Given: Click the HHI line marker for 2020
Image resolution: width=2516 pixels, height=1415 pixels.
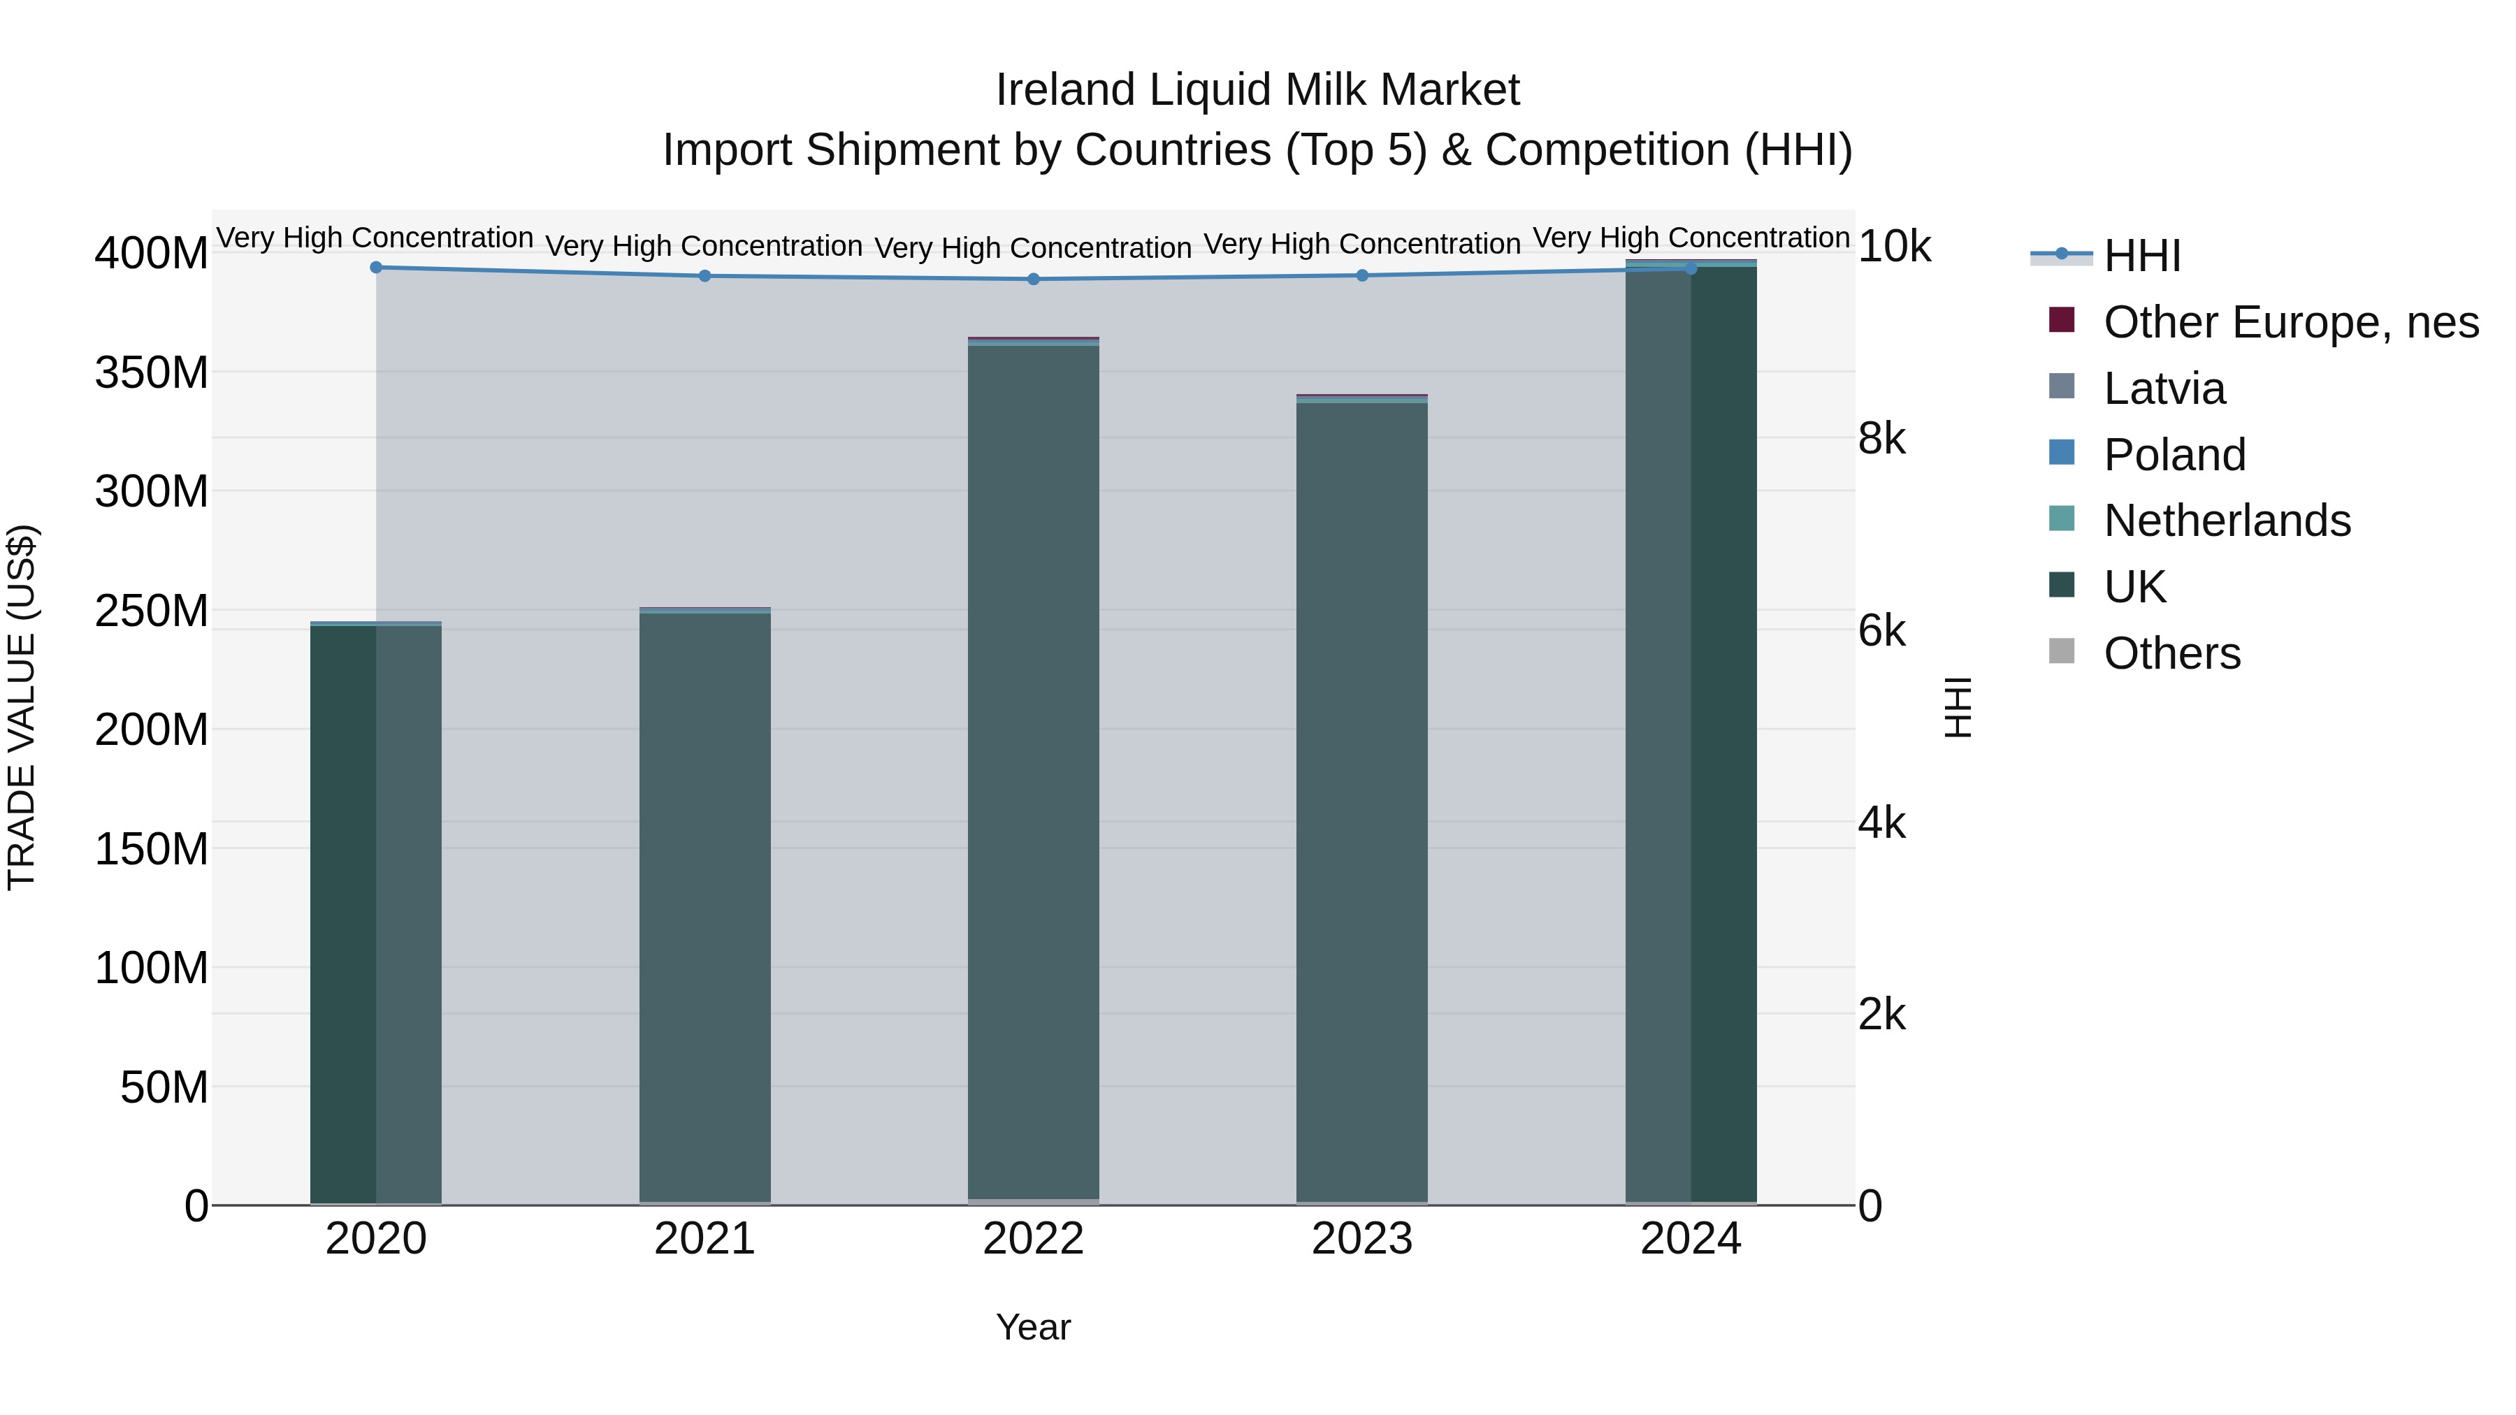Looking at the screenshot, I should tap(376, 268).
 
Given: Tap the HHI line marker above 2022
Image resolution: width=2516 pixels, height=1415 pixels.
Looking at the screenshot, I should tap(1034, 280).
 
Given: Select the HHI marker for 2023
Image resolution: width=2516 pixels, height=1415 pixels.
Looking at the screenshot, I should tap(1363, 275).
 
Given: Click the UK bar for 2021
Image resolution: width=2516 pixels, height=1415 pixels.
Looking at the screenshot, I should tap(704, 908).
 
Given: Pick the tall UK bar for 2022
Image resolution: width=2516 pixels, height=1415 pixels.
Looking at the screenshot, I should tap(1034, 771).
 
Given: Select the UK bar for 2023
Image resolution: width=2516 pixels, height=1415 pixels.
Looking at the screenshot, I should tap(1363, 801).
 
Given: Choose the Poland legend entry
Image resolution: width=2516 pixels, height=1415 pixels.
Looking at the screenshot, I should tap(2174, 455).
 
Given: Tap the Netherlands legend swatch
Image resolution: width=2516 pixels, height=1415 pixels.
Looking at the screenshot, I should tap(2061, 519).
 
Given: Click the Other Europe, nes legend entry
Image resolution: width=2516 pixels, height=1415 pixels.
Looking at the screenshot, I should tap(2290, 322).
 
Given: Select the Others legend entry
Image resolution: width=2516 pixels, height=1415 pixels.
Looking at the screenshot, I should tap(2171, 653).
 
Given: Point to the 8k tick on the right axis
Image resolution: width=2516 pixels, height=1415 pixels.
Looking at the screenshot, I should tap(1881, 440).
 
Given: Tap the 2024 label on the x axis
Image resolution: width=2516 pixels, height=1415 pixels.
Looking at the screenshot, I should tap(1691, 1239).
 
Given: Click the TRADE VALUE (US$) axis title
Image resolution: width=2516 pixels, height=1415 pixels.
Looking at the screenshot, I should tap(22, 707).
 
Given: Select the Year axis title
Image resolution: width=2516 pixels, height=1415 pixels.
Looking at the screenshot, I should tap(1034, 1327).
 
